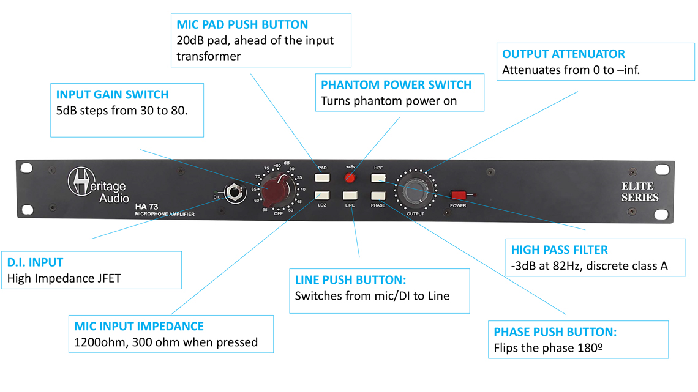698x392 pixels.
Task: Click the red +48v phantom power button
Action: [x=350, y=178]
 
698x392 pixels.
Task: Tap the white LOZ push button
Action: [x=323, y=196]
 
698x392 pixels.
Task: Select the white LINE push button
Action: [x=350, y=196]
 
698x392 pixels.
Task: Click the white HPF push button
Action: [x=378, y=178]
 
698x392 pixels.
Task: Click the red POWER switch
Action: [x=459, y=195]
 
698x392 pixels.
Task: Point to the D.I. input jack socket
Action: [x=234, y=194]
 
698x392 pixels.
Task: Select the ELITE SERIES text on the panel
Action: [x=640, y=191]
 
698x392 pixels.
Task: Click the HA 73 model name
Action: [x=146, y=207]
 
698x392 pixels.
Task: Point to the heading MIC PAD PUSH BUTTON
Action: [x=242, y=25]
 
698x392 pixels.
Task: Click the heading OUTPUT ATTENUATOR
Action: [x=563, y=54]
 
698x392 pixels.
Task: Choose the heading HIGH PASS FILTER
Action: [x=560, y=250]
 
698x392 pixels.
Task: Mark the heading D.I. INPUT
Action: [x=35, y=262]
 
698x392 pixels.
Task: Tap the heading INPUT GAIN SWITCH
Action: [x=112, y=95]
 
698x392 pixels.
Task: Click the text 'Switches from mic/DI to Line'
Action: [x=372, y=296]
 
